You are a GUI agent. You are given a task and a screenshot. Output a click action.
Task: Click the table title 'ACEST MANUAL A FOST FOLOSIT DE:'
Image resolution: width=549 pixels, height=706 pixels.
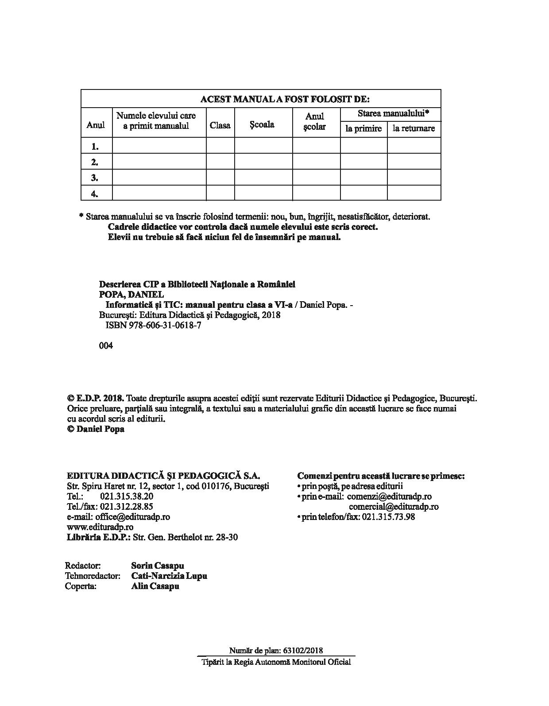(x=285, y=99)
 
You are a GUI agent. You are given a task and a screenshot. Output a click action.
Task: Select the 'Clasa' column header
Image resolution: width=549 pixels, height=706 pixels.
(x=220, y=125)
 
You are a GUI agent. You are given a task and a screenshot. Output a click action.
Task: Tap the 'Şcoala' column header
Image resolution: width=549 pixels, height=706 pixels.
(x=262, y=124)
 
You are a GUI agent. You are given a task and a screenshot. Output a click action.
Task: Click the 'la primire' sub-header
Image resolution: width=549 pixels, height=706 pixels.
(x=363, y=128)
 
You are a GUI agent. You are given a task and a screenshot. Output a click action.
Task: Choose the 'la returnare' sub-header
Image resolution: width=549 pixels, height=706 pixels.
(x=414, y=128)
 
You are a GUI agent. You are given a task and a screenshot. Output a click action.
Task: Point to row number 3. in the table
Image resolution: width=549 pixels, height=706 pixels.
(x=95, y=178)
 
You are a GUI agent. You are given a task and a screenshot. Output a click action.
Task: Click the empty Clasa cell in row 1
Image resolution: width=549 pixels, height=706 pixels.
(x=220, y=146)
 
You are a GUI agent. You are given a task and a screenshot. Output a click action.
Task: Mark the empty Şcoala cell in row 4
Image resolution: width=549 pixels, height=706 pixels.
(x=263, y=193)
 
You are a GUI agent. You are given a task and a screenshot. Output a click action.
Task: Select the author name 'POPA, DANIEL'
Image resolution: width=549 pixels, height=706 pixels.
(x=131, y=295)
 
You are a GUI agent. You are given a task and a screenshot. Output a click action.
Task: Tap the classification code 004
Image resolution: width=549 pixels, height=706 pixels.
(x=106, y=345)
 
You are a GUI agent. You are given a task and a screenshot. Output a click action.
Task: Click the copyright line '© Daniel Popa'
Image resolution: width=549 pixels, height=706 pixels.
(x=96, y=429)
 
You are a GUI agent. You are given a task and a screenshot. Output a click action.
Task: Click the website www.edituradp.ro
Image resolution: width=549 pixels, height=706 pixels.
(x=100, y=527)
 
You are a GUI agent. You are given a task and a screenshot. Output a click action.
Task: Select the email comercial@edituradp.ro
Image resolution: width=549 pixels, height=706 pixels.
(x=393, y=506)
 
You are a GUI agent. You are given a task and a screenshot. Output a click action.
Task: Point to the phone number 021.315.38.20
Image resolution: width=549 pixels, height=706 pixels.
(x=127, y=496)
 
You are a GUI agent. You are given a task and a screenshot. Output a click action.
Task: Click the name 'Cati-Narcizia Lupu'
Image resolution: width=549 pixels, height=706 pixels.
(x=169, y=576)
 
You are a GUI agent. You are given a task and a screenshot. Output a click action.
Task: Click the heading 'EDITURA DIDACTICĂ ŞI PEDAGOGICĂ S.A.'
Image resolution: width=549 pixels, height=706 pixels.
(x=163, y=476)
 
